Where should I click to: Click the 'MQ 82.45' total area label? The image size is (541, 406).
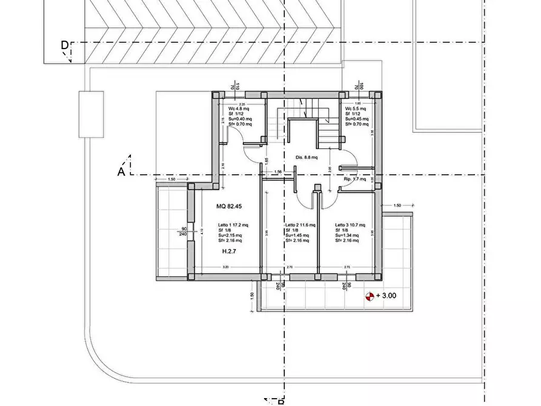coord(229,207)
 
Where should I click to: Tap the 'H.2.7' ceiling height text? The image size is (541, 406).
coord(228,250)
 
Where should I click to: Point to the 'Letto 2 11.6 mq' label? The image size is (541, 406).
coord(300,225)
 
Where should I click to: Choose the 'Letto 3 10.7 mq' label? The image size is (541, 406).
coord(350,225)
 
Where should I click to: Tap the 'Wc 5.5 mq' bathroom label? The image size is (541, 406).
coord(356,108)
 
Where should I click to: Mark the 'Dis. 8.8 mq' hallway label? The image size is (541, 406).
coord(307,158)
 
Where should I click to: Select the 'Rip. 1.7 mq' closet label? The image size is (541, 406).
coord(356,179)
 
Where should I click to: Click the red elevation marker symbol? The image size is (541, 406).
coord(369,296)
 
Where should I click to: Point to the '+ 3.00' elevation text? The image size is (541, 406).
coord(386,296)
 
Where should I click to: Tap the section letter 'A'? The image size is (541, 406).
coord(121,171)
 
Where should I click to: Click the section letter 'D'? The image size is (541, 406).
coord(64,45)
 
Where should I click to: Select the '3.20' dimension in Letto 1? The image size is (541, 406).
coord(226,267)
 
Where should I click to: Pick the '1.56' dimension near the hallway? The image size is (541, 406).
coord(278,172)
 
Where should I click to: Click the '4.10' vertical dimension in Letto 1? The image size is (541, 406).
coord(202,231)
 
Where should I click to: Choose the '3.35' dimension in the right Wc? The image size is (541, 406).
coord(372,131)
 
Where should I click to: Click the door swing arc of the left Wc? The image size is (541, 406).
coord(250,149)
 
